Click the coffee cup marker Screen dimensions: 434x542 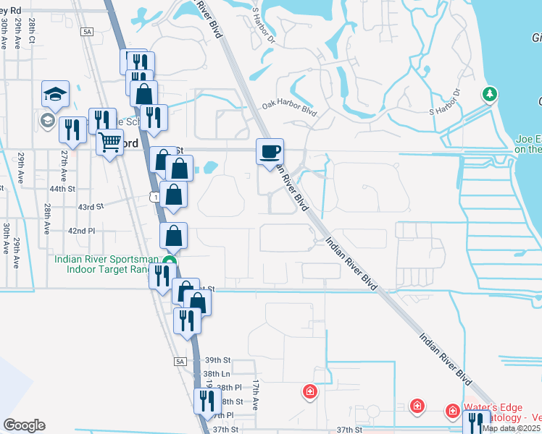coord(270,152)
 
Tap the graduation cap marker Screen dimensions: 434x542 coord(55,94)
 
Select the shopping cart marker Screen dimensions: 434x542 coord(109,142)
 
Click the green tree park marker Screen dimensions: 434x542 coord(491,94)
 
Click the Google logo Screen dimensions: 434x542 coord(24,425)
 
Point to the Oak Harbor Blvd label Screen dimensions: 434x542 coord(290,108)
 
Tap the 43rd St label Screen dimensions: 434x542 coord(92,207)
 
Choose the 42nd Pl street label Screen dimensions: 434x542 coord(81,231)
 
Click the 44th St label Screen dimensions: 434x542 coord(62,189)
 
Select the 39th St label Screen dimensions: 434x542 coord(217,359)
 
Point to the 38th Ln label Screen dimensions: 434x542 coord(217,374)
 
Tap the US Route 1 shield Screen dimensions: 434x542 coord(155,196)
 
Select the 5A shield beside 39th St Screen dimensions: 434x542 coord(180,361)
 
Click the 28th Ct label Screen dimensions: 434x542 coord(32,33)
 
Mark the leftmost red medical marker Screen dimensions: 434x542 coord(310,391)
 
